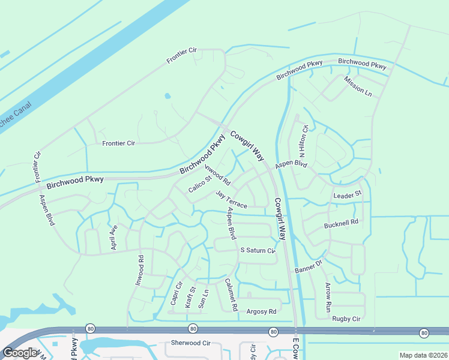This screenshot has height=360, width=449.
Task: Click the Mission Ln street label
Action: click(x=358, y=87)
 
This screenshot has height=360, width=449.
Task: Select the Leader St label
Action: click(x=348, y=195)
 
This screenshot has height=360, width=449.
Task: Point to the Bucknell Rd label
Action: click(x=341, y=222)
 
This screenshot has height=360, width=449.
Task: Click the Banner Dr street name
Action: click(x=309, y=266)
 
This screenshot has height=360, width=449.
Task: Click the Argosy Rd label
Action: click(x=262, y=311)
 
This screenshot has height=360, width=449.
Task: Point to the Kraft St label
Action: click(x=190, y=297)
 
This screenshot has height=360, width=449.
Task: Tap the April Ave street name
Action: click(x=112, y=237)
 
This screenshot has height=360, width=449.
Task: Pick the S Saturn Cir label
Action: click(x=258, y=250)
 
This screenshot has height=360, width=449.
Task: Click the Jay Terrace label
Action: click(x=232, y=199)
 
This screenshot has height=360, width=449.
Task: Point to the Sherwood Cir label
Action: click(x=191, y=343)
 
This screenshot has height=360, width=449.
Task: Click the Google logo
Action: click(x=19, y=353)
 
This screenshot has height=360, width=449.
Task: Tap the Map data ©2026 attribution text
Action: click(x=423, y=355)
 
